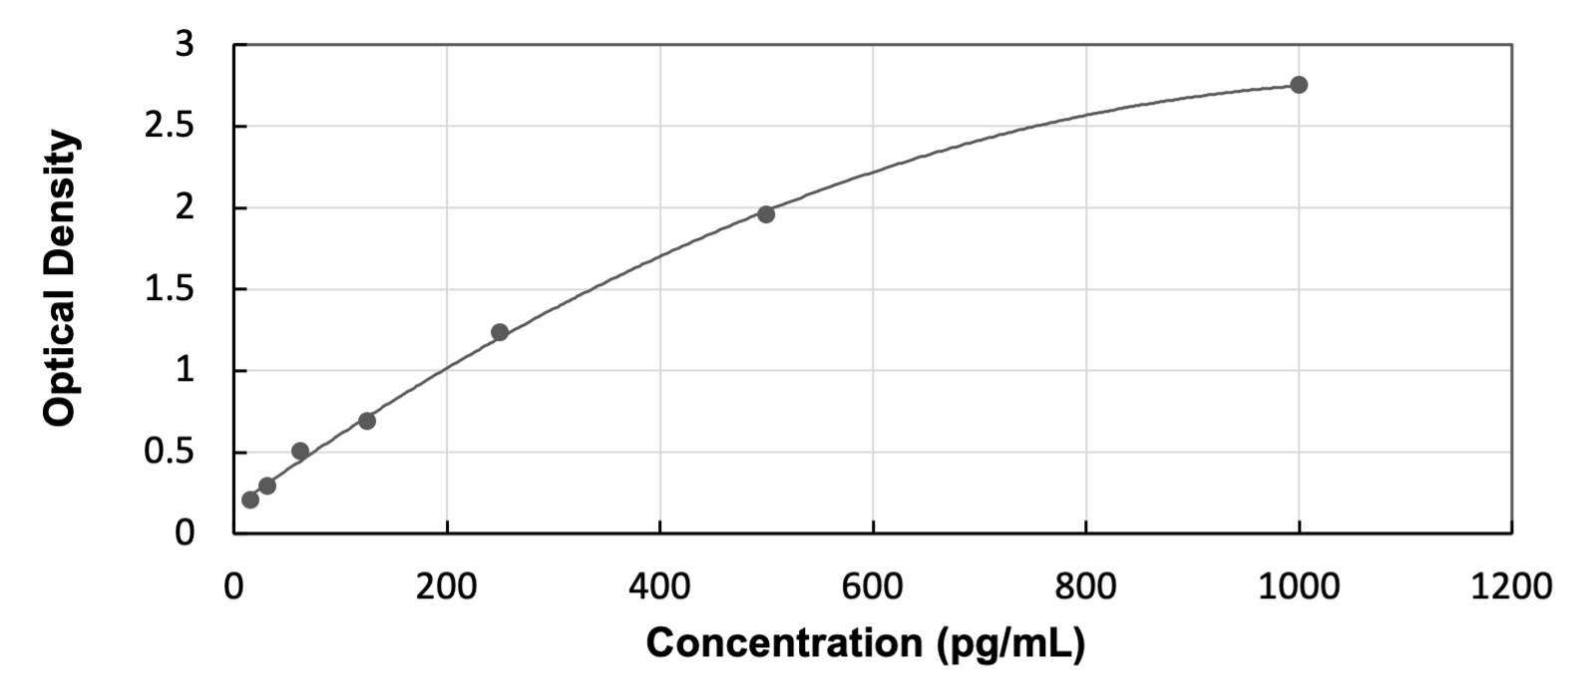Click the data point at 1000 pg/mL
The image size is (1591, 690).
(x=1299, y=85)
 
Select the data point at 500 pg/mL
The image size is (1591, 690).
(x=766, y=213)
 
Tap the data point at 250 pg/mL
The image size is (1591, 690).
(x=500, y=332)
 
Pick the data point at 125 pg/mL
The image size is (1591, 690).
(x=367, y=421)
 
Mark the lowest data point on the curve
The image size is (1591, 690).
(x=250, y=499)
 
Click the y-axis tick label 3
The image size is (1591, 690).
(x=185, y=45)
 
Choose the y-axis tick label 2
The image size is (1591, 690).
(x=185, y=208)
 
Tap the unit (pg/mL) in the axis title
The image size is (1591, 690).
(x=1010, y=643)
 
